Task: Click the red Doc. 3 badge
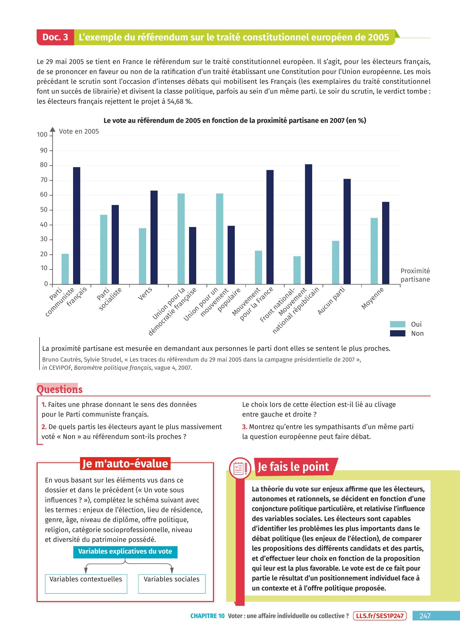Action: click(55, 37)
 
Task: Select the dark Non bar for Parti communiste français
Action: click(77, 226)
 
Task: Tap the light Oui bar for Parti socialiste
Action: click(104, 249)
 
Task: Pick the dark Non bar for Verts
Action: click(154, 237)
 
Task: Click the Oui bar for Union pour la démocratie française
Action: click(181, 239)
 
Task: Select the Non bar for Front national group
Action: click(308, 224)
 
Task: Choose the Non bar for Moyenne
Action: click(385, 243)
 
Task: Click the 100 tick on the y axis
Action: click(42, 135)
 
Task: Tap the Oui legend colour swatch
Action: click(397, 324)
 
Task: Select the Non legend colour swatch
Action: click(397, 333)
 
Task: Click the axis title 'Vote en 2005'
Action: click(79, 131)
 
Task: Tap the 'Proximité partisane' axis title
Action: click(415, 275)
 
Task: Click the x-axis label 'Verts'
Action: click(145, 293)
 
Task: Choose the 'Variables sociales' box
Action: click(172, 584)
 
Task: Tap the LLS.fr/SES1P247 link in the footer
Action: click(380, 616)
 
